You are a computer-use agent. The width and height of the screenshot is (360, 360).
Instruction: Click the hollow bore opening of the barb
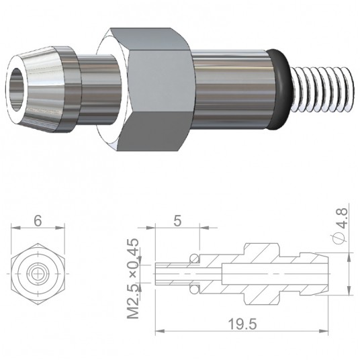tap(17, 89)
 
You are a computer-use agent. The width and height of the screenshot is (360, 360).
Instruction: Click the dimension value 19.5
tap(242, 324)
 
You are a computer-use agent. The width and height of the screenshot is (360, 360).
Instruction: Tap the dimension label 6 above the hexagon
tap(38, 221)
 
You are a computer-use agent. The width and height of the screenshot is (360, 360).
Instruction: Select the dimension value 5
tap(177, 221)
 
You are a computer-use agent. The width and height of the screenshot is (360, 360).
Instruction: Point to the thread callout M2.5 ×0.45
tap(133, 279)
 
